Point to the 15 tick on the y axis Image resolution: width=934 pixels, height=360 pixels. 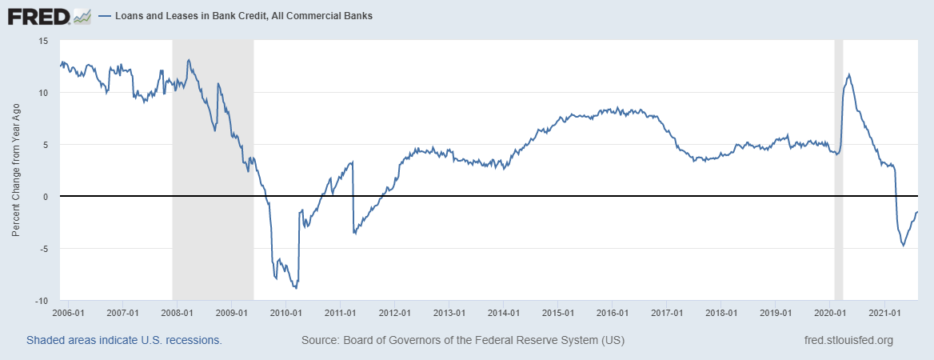[43, 41]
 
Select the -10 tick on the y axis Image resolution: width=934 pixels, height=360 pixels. [42, 301]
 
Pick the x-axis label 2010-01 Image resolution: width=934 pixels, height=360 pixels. [285, 313]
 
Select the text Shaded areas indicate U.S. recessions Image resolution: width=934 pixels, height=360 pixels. [124, 340]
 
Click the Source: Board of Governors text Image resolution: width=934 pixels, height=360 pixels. [462, 340]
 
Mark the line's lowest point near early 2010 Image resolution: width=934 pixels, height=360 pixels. [296, 287]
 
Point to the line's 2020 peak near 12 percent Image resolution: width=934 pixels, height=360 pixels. [848, 74]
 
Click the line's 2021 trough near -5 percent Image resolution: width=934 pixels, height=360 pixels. [903, 245]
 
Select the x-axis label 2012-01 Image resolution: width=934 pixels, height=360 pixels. [394, 313]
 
